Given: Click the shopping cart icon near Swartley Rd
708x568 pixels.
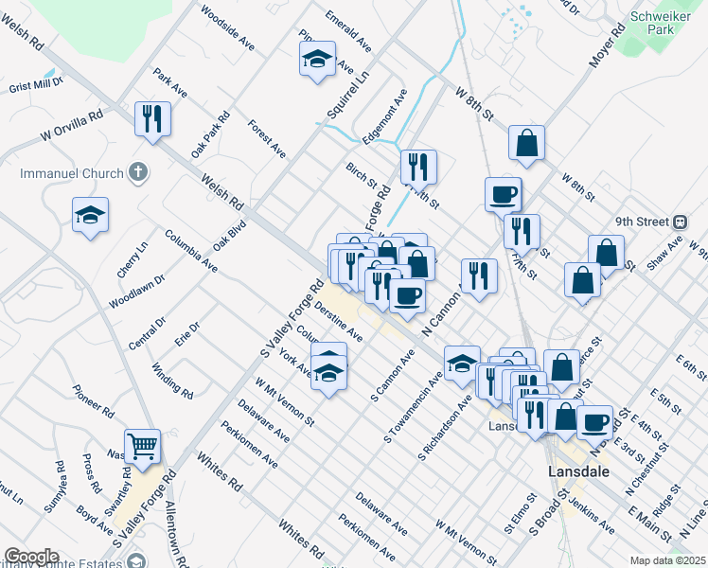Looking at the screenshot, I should pyautogui.click(x=142, y=445).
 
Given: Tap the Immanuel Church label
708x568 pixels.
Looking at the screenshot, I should pyautogui.click(x=72, y=174).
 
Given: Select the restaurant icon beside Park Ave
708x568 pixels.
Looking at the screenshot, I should pyautogui.click(x=152, y=118).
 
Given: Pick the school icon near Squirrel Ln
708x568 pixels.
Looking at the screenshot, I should pyautogui.click(x=317, y=61).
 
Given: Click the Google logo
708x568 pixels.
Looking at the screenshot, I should pyautogui.click(x=31, y=557).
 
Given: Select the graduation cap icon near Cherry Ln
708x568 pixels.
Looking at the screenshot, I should pyautogui.click(x=90, y=215).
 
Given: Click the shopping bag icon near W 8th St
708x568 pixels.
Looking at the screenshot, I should pyautogui.click(x=526, y=143).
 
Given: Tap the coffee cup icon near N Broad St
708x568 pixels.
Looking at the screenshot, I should pyautogui.click(x=596, y=421).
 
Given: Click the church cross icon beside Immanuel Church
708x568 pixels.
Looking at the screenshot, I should pyautogui.click(x=138, y=173).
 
